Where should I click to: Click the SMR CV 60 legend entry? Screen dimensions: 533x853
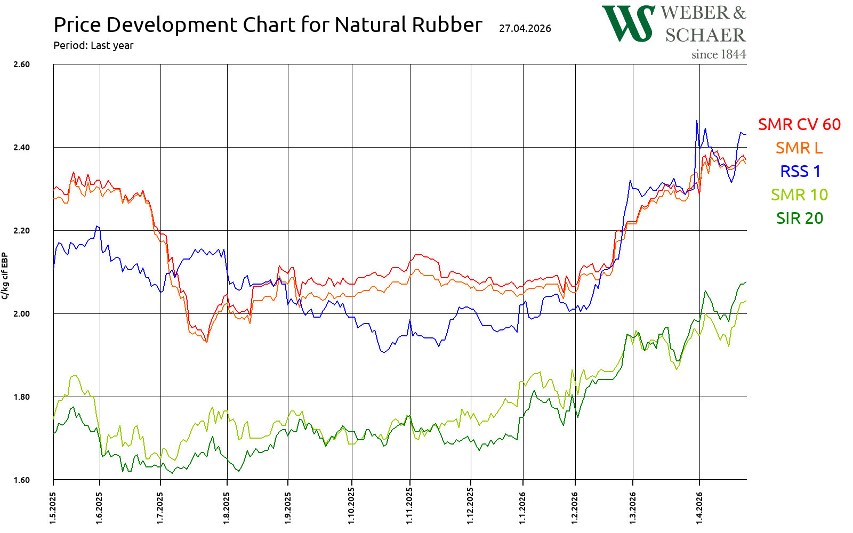coord(799,124)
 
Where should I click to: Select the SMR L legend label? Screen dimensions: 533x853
coord(799,148)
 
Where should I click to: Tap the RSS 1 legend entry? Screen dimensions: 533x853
coord(800,171)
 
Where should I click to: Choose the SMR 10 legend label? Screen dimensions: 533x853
coord(799,195)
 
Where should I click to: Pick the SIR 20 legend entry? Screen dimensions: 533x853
coord(799,218)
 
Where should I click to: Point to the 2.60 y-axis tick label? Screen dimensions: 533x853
coord(21,64)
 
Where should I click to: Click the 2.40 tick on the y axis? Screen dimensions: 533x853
coord(21,148)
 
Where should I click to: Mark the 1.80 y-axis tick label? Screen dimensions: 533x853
coord(21,397)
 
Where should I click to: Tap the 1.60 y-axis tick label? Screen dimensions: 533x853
coord(21,480)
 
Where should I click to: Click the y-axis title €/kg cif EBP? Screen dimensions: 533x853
coord(5,276)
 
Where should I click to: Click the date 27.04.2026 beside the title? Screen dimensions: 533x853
coord(525,28)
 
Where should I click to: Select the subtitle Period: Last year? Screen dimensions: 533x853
coord(93,45)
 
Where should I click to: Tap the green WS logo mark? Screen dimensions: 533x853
coord(628,23)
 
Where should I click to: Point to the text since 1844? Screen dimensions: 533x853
coord(718,54)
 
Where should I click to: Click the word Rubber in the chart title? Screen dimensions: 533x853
coord(446,25)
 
